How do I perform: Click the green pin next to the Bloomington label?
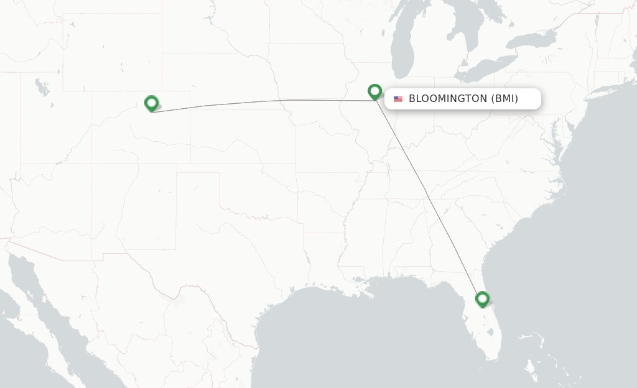coord(374,92)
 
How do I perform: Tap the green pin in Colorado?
coord(151,103)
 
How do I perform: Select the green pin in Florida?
coord(482,300)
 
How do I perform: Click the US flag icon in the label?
coord(398,99)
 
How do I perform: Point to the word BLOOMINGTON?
coord(447,99)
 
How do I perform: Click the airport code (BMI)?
coord(504,99)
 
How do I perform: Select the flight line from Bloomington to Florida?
coord(426,193)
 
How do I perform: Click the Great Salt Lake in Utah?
coord(42,86)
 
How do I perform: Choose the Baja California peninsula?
coord(28,292)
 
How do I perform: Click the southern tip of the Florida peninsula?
coord(491,358)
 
